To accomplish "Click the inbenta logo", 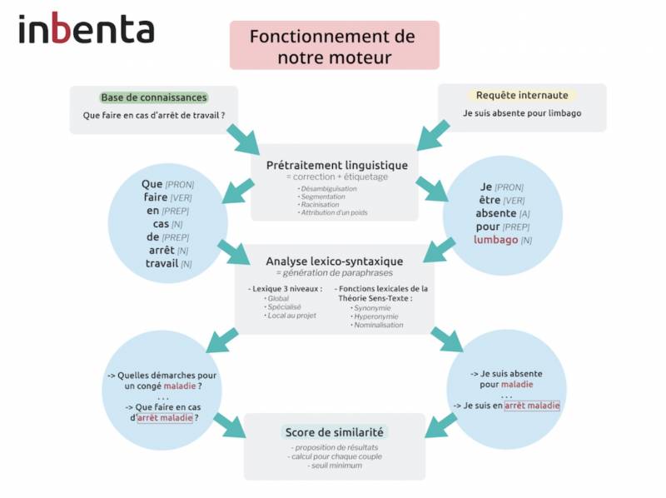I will click(86, 30).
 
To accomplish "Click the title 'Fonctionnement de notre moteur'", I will click(332, 47).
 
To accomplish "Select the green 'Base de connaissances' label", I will click(153, 97).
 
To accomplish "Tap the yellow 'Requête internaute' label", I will click(522, 96).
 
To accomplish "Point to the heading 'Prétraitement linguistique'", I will click(337, 165).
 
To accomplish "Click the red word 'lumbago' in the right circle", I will click(495, 240).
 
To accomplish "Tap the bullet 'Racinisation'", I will click(320, 205).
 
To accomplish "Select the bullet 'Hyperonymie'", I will click(375, 316).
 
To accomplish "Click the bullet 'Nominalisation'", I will click(377, 325).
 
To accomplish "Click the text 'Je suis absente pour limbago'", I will click(522, 113).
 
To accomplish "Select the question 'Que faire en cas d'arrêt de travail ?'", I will click(154, 115).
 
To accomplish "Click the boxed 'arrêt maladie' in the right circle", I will click(532, 405).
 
